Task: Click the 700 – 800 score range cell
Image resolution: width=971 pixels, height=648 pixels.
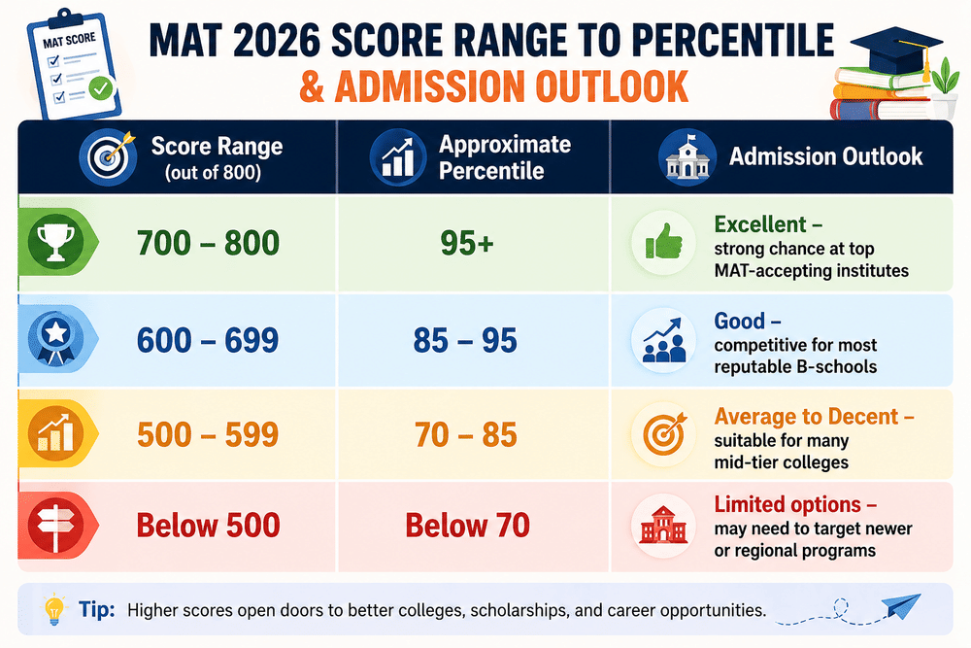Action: pos(208,242)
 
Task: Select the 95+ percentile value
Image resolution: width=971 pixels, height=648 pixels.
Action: pos(467,243)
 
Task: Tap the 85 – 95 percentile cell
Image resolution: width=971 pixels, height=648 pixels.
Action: pos(465,340)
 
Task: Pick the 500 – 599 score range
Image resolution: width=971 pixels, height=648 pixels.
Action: pos(208,434)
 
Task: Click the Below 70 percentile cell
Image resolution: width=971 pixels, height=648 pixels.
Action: pos(468,526)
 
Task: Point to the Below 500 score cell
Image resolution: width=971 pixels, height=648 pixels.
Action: pos(208,526)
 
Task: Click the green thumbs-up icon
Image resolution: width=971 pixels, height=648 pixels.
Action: pos(664,242)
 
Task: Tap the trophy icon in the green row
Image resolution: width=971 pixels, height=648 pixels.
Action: pos(55,242)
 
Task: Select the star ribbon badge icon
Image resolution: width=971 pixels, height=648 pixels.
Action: pos(55,338)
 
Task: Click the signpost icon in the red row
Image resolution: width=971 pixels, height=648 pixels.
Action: pos(55,525)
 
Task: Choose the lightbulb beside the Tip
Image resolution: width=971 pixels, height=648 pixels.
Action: pos(54,609)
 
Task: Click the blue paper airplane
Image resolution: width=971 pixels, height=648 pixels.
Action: pos(901,605)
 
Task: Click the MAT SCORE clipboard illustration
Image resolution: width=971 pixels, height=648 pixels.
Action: pos(73,63)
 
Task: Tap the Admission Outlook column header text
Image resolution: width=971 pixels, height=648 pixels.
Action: pos(825,156)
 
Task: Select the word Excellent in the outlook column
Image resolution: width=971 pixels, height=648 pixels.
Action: pos(760,223)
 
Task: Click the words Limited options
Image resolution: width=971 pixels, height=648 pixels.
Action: pos(787,504)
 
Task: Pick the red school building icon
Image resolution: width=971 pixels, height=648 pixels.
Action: pos(663,526)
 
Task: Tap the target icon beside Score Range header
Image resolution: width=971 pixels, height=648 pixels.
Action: pos(109,156)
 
